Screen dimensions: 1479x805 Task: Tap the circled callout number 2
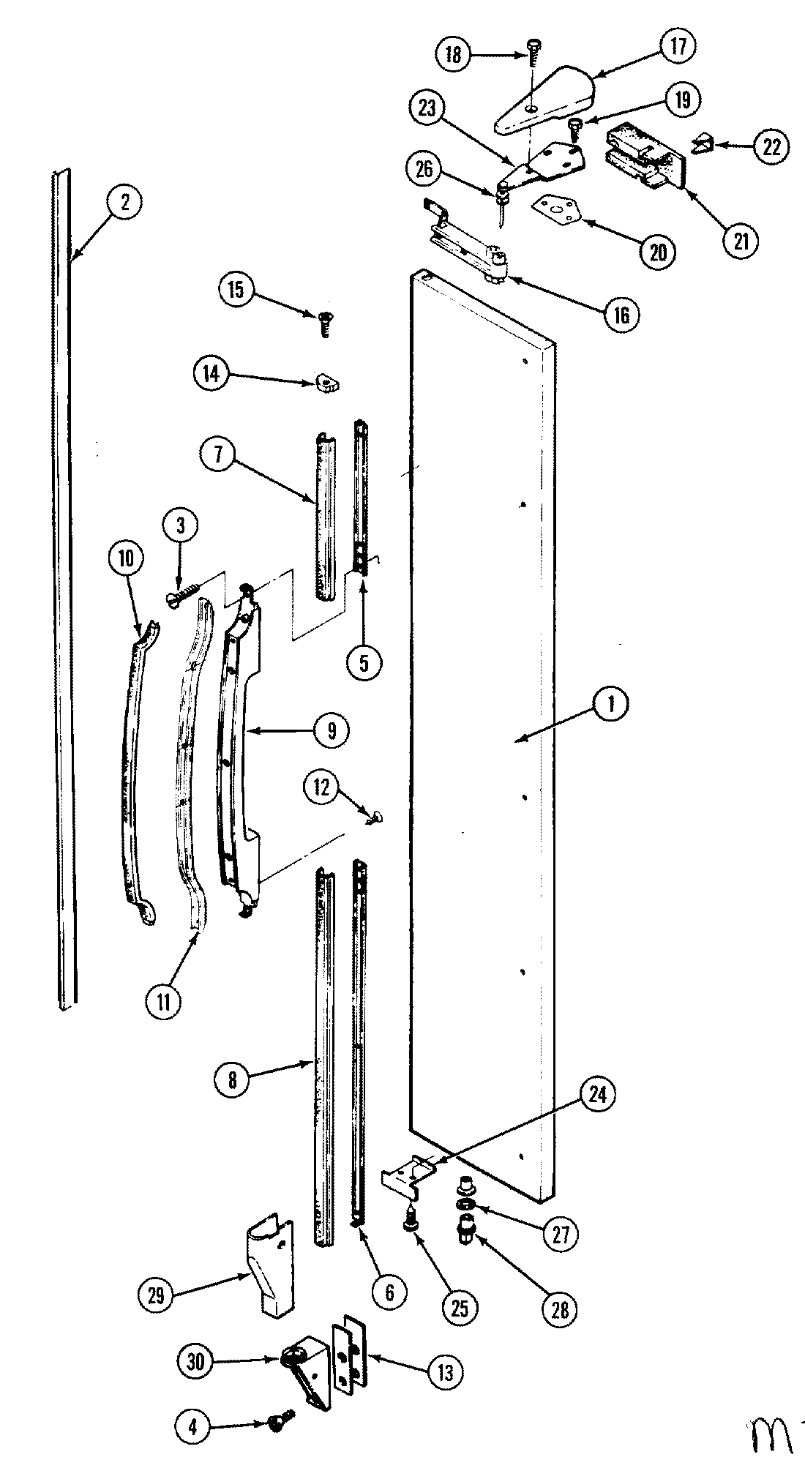(124, 203)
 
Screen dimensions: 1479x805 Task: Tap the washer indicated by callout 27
(465, 1205)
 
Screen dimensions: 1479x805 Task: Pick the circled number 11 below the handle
(162, 1001)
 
